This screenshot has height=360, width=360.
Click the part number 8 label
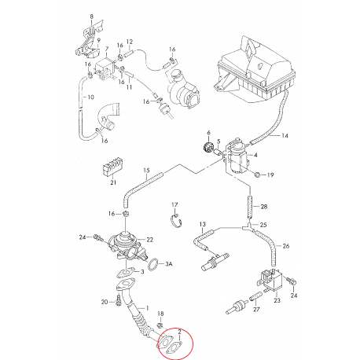(x=91, y=17)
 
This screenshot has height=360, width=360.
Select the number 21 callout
(x=113, y=182)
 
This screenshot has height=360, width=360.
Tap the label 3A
(x=168, y=264)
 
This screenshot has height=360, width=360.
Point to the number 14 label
(x=285, y=135)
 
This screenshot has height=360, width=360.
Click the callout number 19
(x=270, y=174)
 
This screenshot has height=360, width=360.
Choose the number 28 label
(x=264, y=207)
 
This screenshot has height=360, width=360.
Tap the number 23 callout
(x=277, y=300)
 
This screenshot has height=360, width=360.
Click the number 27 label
(x=256, y=309)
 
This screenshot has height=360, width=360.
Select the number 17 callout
(x=174, y=204)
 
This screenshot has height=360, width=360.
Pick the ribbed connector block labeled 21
(x=112, y=166)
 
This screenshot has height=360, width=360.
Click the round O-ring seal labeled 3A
(x=153, y=264)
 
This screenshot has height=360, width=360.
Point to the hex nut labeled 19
(x=257, y=174)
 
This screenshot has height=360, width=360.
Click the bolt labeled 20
(x=118, y=300)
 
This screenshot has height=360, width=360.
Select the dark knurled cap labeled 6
(x=208, y=147)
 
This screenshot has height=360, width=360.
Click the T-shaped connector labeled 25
(x=248, y=226)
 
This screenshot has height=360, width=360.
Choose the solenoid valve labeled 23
(x=270, y=281)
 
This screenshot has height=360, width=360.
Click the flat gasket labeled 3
(x=126, y=272)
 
